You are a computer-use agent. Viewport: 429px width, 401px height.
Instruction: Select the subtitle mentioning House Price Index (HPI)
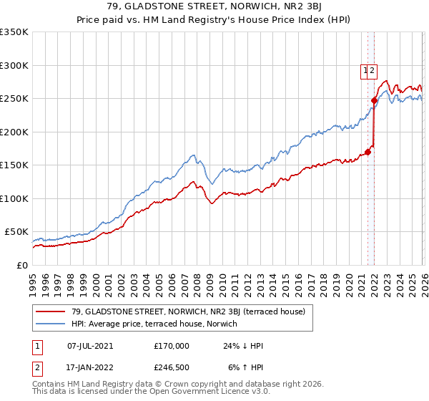[214, 21]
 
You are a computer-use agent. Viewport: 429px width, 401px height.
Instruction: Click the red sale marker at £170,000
[368, 152]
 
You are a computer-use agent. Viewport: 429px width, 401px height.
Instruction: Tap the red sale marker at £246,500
[375, 101]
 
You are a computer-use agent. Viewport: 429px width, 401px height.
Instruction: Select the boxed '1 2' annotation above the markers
[369, 70]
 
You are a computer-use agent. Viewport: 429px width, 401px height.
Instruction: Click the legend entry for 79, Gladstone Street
[188, 311]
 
